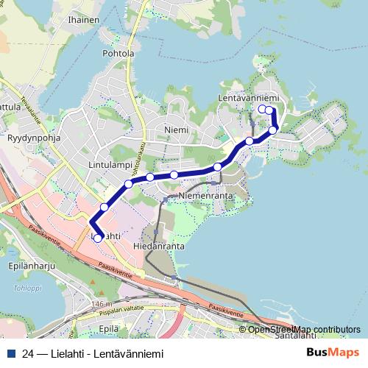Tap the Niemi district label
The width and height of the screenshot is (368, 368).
[177, 130]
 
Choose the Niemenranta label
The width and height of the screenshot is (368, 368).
[206, 197]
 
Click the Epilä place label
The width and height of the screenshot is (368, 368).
[108, 328]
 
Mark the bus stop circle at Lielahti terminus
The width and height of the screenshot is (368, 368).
[98, 238]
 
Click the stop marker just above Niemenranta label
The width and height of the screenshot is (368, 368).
[174, 175]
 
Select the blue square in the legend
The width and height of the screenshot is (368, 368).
[11, 352]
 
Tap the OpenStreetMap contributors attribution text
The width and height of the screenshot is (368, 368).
[304, 329]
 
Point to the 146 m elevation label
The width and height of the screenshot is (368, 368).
[102, 304]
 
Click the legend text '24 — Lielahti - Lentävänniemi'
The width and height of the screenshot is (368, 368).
[93, 352]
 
